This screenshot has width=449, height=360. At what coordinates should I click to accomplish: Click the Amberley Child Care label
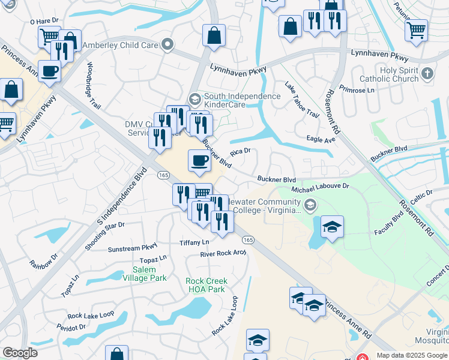120,45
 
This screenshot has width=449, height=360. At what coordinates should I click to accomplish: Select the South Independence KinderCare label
242,100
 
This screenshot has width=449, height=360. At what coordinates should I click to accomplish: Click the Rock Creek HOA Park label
206,285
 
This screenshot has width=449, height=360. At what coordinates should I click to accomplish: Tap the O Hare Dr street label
43,21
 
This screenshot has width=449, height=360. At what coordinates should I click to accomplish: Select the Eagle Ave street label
321,139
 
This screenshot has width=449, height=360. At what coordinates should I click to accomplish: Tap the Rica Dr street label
240,152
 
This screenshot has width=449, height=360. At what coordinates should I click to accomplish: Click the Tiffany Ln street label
194,242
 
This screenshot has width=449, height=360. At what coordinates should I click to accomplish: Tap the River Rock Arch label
223,253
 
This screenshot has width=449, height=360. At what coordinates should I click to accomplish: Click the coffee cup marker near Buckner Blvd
200,160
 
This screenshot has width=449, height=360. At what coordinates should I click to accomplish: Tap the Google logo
20,353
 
